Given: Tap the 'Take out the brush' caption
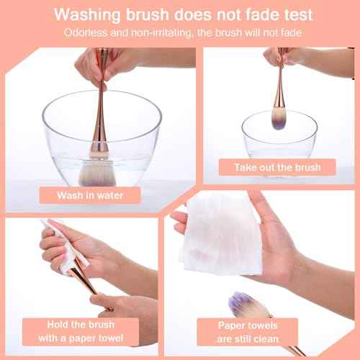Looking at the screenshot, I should click(x=276, y=167).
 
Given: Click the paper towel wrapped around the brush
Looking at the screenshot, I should click(x=61, y=248).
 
